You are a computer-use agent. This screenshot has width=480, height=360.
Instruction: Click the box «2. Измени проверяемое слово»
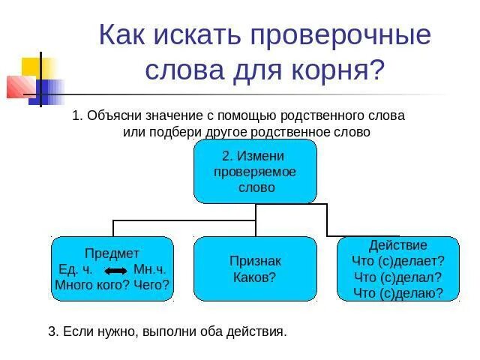tap(255, 171)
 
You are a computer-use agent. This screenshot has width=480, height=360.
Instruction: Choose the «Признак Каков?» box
tap(255, 269)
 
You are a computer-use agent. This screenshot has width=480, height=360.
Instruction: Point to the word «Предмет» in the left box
tap(112, 253)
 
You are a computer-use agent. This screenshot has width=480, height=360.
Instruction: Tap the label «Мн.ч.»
tap(149, 269)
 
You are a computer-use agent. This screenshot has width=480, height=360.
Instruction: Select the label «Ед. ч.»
tap(75, 269)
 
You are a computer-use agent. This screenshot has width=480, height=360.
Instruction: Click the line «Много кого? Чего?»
tap(112, 285)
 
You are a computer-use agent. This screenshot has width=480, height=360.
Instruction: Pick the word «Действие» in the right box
tap(397, 245)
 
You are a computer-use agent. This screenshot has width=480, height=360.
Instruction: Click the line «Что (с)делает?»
tap(397, 261)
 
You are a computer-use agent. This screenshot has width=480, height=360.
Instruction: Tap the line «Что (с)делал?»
tap(397, 277)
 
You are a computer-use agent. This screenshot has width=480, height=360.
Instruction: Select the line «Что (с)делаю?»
tap(397, 292)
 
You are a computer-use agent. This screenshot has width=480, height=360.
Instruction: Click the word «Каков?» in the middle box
tap(255, 277)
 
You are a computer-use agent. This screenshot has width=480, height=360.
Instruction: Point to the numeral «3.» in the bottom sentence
tap(53, 331)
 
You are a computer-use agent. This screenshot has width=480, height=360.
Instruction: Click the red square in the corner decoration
tap(19, 87)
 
